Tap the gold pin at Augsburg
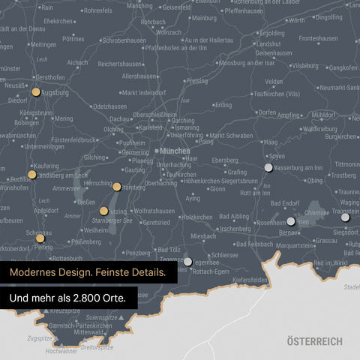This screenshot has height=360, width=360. point(35,92)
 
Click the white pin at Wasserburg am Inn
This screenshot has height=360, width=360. point(268,168)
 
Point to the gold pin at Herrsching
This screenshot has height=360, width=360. point(117,187)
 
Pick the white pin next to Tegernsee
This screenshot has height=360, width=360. point(187,262)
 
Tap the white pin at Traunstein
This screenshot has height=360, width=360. point(346,217)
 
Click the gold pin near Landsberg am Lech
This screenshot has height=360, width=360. point(31,175)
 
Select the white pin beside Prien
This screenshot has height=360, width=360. point(291,221)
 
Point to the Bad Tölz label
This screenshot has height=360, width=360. point(169,249)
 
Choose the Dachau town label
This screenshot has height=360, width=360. point(119,118)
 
